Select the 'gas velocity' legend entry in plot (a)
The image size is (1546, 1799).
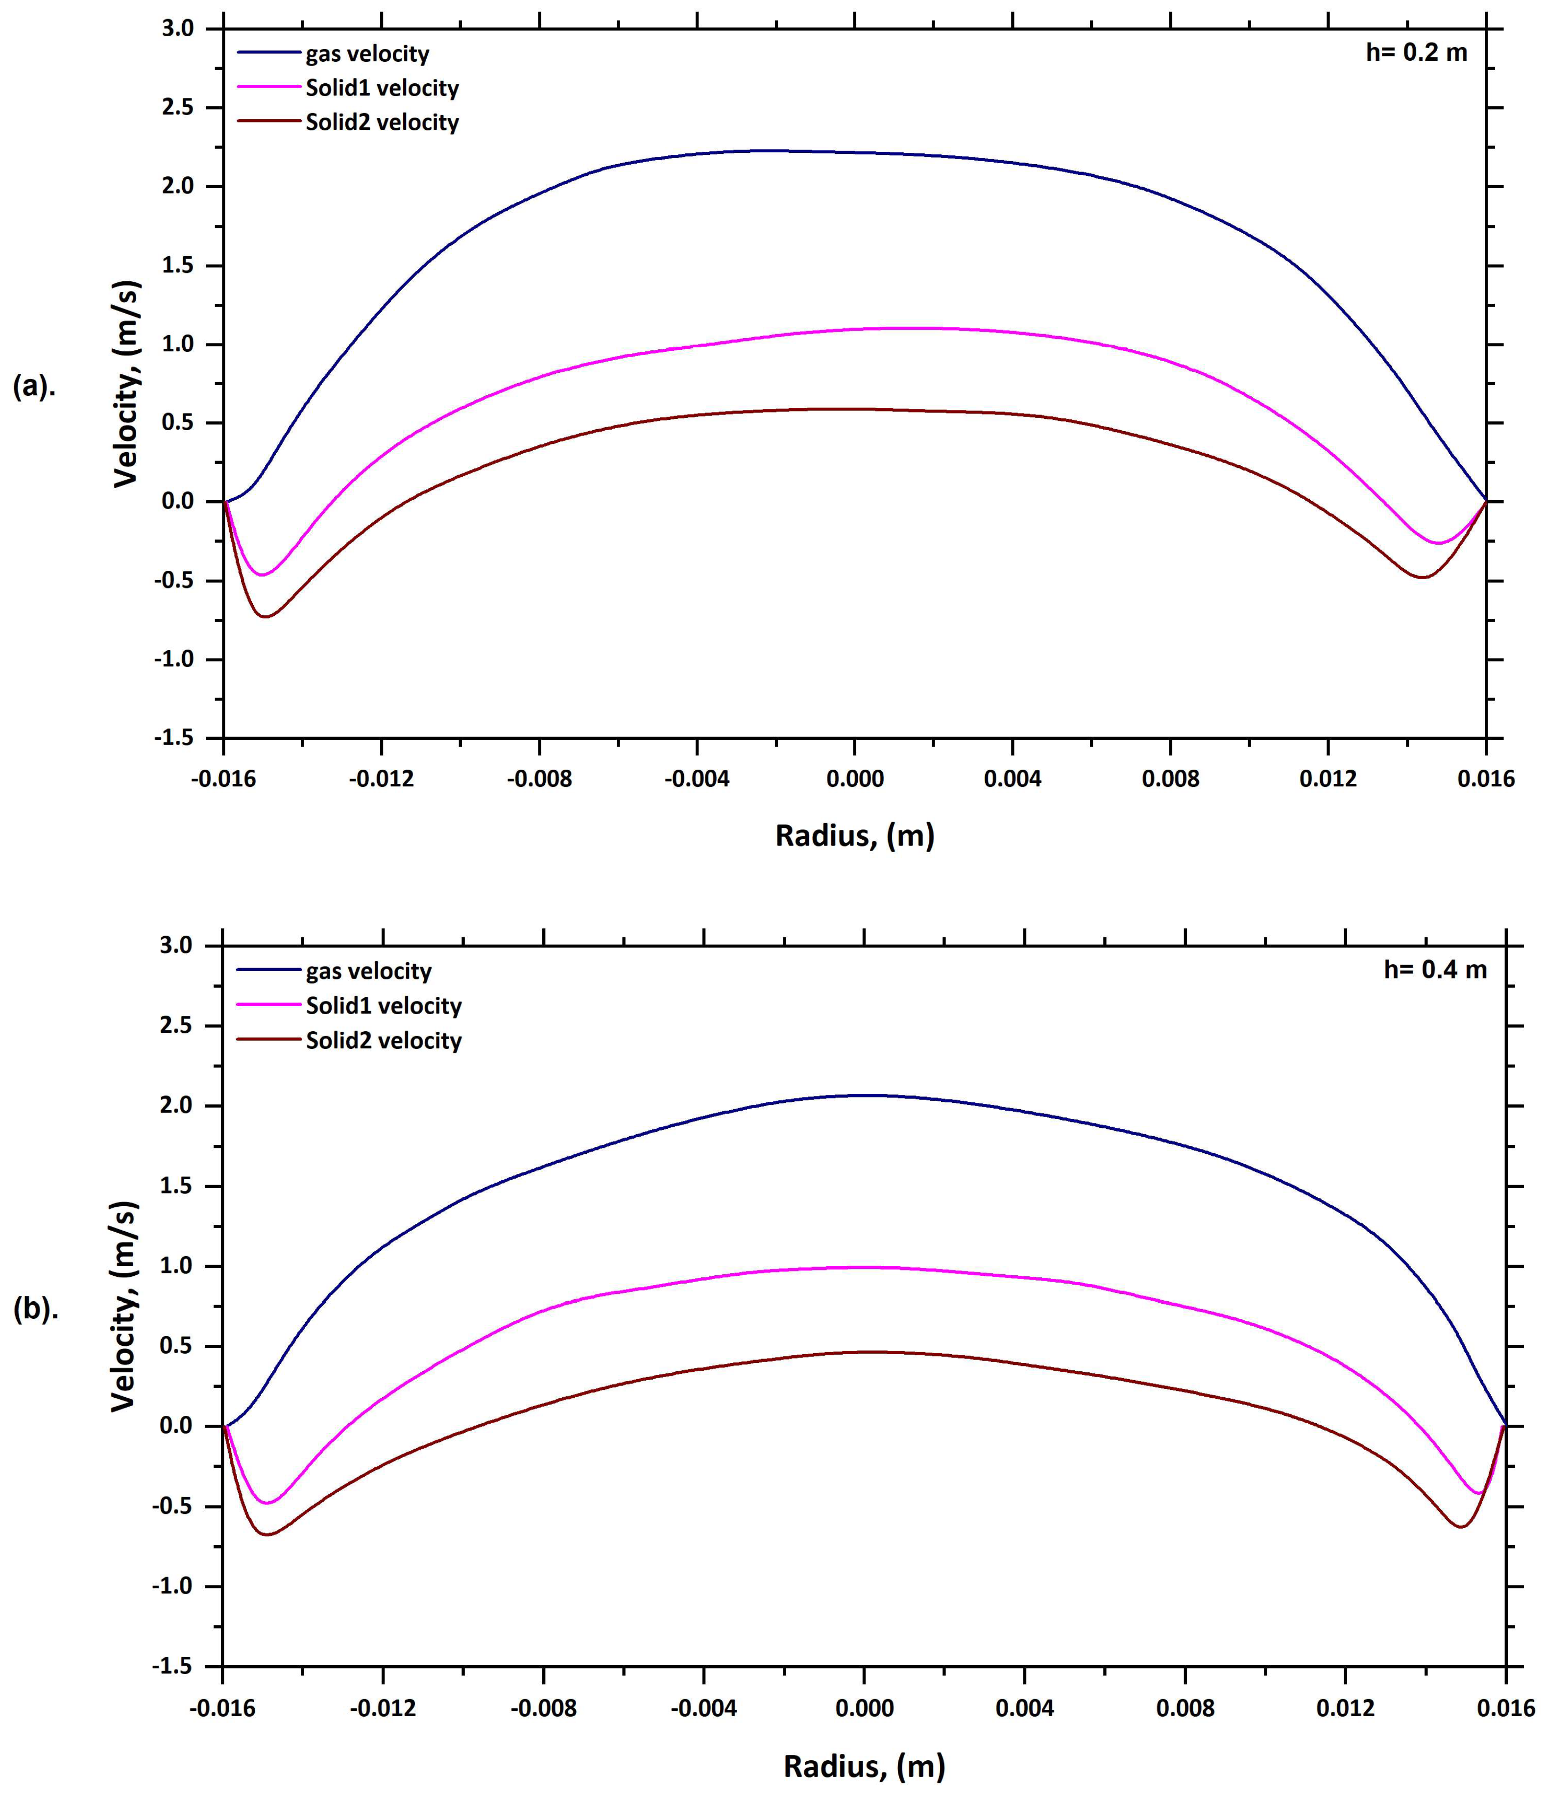(x=367, y=54)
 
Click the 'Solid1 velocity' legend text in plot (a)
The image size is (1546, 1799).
(x=382, y=88)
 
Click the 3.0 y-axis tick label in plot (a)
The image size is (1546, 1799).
(x=178, y=28)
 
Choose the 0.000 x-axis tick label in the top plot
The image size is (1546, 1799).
(x=854, y=779)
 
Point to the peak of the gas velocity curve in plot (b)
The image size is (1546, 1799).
(x=868, y=1095)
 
